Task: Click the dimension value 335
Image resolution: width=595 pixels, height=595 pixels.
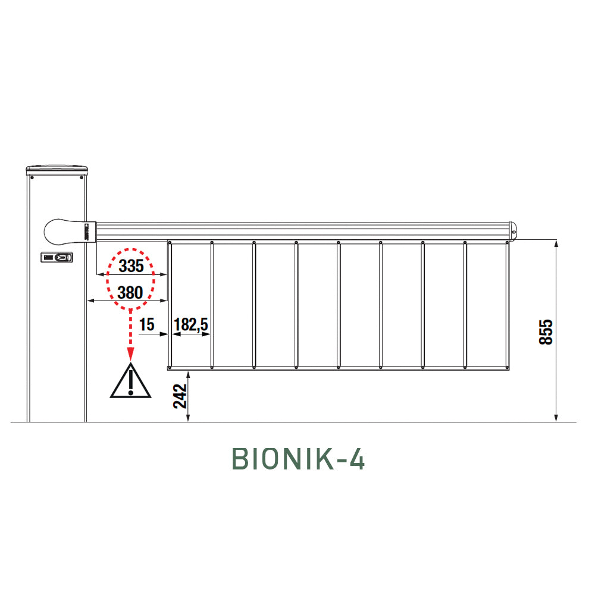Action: (131, 265)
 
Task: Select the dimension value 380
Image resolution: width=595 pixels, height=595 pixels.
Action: (130, 293)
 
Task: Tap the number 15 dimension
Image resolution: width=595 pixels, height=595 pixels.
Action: (147, 324)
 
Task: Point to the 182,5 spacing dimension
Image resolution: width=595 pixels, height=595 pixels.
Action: (191, 324)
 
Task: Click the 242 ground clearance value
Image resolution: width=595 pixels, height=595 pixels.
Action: (180, 396)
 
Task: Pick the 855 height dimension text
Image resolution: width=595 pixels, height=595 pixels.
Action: (546, 332)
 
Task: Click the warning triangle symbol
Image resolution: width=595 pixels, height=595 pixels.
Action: (130, 381)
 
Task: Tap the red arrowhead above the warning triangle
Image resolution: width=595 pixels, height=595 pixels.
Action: (130, 354)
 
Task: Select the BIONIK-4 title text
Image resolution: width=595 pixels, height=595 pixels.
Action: (298, 459)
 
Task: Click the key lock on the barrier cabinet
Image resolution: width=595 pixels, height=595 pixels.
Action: (57, 257)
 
